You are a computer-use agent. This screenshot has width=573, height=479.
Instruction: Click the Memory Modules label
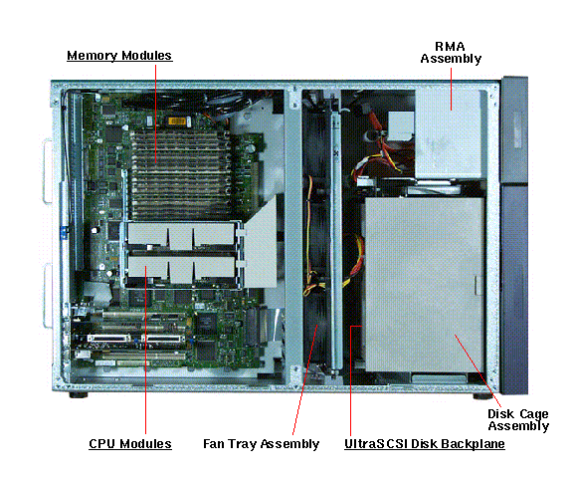(119, 56)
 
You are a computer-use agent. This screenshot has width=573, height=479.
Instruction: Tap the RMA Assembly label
(451, 53)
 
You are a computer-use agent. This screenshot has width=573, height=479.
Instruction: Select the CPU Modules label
(130, 444)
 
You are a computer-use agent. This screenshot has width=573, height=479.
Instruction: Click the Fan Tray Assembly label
(261, 444)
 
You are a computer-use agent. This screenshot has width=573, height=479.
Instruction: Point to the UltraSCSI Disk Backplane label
(425, 444)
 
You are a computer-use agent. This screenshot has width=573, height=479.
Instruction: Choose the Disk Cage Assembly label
(518, 420)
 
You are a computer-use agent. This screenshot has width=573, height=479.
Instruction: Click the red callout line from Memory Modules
(155, 115)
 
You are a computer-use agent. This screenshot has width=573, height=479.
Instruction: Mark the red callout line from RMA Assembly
(451, 89)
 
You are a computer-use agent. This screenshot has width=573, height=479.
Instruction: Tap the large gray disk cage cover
(425, 285)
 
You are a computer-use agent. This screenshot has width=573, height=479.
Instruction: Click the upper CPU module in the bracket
(181, 235)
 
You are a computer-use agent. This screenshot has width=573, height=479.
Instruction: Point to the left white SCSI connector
(108, 339)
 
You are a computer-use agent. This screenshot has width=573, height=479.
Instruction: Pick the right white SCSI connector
(163, 339)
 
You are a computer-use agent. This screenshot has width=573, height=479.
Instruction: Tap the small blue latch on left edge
(64, 233)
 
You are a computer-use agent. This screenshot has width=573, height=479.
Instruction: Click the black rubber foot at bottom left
(78, 394)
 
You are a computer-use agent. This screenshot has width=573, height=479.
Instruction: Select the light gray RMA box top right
(448, 133)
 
